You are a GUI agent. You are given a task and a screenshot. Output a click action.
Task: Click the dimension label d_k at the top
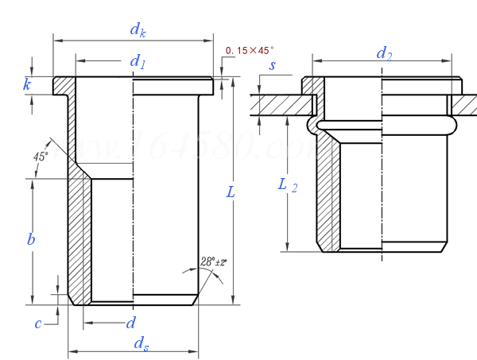pyautogui.click(x=137, y=29)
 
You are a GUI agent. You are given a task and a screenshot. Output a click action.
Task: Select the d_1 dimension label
pyautogui.click(x=138, y=60)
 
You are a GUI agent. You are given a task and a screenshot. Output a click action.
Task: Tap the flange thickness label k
pyautogui.click(x=27, y=83)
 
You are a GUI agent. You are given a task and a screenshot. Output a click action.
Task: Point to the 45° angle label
pyautogui.click(x=41, y=156)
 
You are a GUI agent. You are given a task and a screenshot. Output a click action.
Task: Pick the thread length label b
pyautogui.click(x=30, y=239)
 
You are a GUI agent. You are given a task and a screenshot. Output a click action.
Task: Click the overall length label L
pyautogui.click(x=230, y=193)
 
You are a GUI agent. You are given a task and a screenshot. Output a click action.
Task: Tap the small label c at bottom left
pyautogui.click(x=37, y=322)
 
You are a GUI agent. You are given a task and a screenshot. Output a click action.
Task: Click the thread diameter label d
pyautogui.click(x=131, y=323)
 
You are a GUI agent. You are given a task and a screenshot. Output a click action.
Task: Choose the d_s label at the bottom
pyautogui.click(x=140, y=343)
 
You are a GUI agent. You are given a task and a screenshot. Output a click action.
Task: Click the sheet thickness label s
pyautogui.click(x=272, y=65)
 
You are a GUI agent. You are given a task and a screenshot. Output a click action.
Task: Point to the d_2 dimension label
pyautogui.click(x=385, y=53)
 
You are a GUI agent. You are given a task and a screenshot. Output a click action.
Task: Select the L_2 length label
pyautogui.click(x=287, y=184)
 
